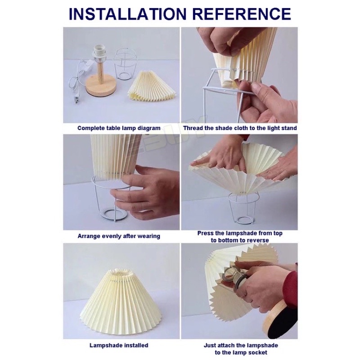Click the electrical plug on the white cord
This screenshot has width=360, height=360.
coord(76,99)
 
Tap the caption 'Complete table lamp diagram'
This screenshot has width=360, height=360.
coord(119,128)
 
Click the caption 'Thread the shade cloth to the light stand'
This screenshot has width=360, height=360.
coord(240,128)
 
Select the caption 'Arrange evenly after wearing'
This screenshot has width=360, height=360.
coord(119,236)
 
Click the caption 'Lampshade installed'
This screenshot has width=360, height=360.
coord(119,345)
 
